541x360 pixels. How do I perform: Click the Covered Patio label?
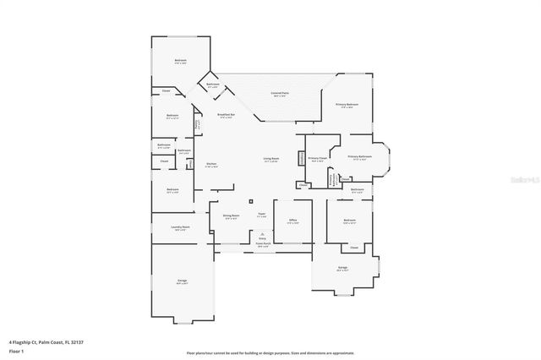coord(278,93)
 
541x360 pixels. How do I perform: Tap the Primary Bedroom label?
coord(347,105)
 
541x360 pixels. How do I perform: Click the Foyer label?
coord(262,215)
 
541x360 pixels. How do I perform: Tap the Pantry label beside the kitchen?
coord(198,125)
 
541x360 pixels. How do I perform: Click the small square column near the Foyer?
coord(250,200)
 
